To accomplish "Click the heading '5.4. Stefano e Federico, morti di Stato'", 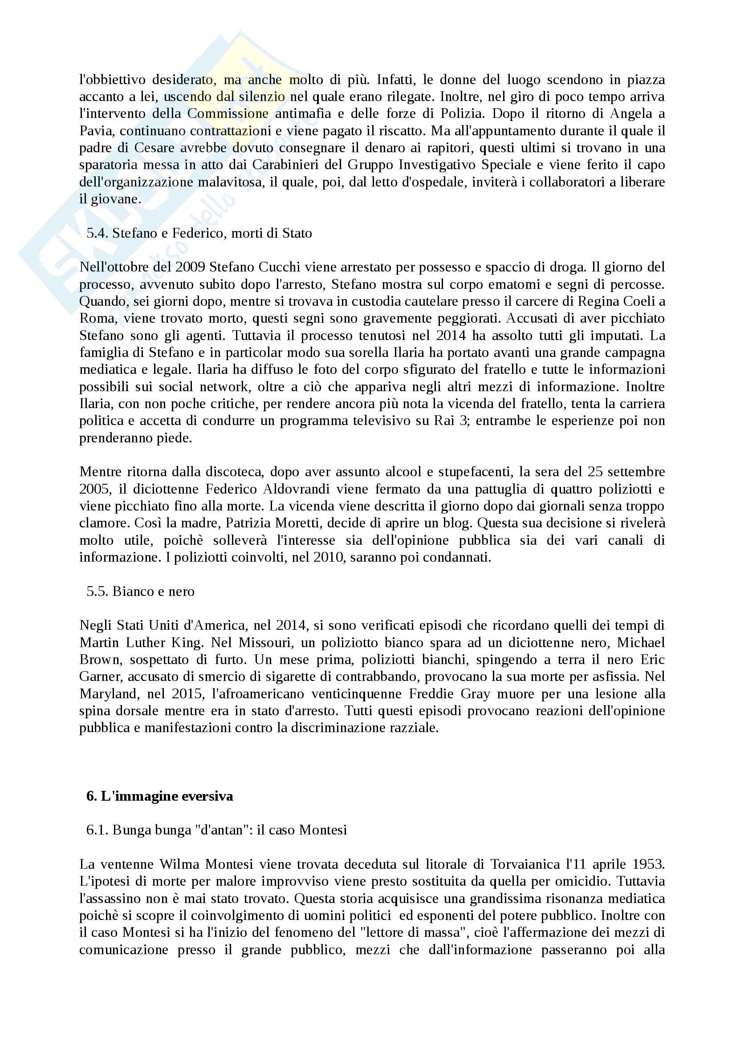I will pyautogui.click(x=199, y=233).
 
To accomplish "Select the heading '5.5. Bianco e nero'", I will pyautogui.click(x=140, y=591).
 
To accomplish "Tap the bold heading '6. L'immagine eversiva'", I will pyautogui.click(x=160, y=796).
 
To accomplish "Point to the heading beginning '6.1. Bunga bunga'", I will pyautogui.click(x=216, y=830).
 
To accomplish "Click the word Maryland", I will pyautogui.click(x=105, y=694).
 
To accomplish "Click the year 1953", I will pyautogui.click(x=648, y=864).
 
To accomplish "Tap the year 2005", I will pyautogui.click(x=94, y=489).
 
